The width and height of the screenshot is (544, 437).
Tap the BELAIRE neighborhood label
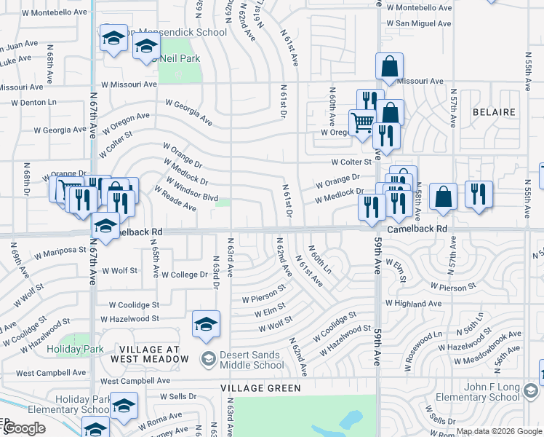pos(494,112)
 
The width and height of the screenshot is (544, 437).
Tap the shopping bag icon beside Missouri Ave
pos(390,67)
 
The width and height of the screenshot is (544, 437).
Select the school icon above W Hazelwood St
pos(206,323)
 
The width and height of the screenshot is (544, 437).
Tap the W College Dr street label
pos(185,275)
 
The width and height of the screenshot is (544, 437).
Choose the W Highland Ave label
pos(413,303)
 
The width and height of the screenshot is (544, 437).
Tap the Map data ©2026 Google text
pos(498,431)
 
